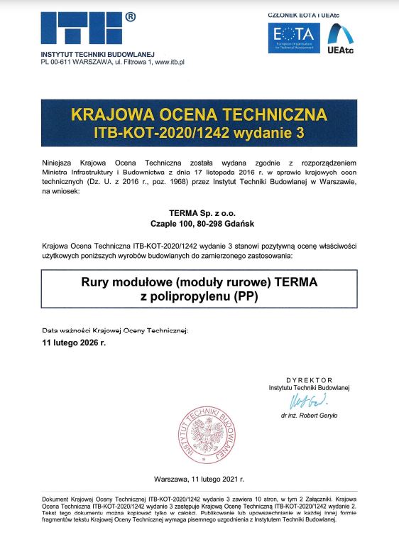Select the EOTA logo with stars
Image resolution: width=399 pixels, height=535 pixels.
point(293,38)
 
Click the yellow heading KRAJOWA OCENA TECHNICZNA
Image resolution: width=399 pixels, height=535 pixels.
point(199,114)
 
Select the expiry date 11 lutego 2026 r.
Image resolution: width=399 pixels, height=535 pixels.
point(74,342)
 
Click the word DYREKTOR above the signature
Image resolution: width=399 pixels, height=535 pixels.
point(310,381)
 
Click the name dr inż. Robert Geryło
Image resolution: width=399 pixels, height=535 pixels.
point(310,415)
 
